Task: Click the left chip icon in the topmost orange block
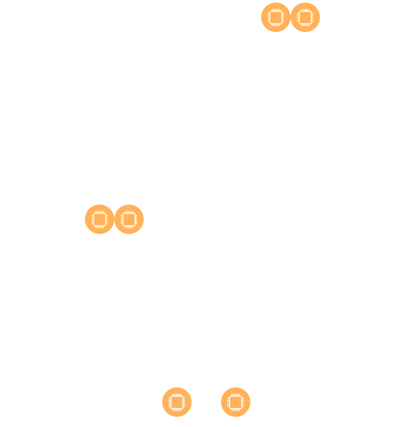[275, 17]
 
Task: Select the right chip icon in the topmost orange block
[305, 17]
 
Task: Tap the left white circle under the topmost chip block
[264, 45]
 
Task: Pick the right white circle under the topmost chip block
[294, 45]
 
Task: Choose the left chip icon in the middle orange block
[99, 219]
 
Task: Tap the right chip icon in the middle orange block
[129, 219]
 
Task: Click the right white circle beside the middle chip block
[155, 202]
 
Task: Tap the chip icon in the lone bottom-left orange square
[176, 402]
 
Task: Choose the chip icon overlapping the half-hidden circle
[236, 402]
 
